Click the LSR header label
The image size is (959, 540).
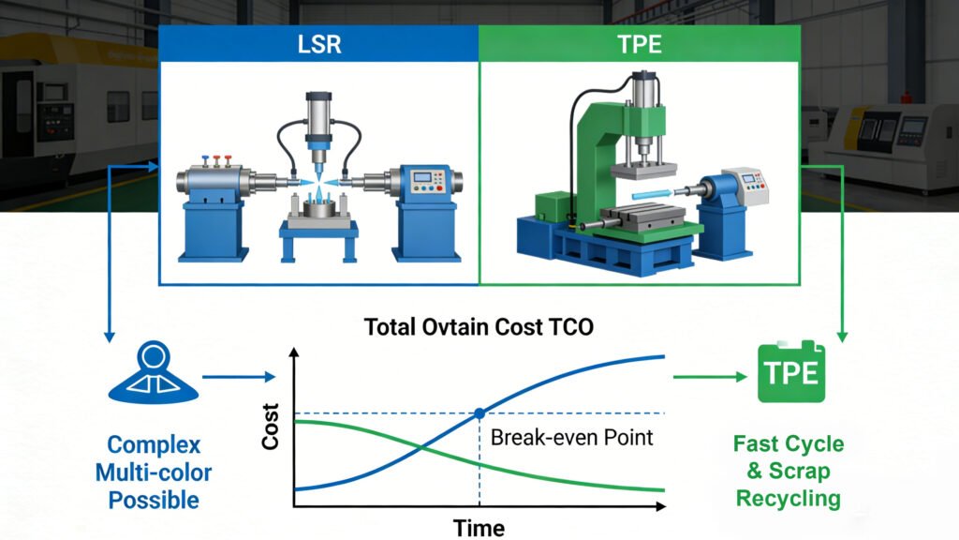click(319, 44)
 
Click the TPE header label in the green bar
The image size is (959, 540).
click(640, 44)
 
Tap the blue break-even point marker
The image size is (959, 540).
click(479, 413)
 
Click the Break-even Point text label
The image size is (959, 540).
click(571, 437)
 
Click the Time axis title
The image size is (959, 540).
click(479, 528)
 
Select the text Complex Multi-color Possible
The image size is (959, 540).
click(154, 472)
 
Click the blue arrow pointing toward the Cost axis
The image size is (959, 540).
click(239, 378)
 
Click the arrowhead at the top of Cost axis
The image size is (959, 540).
click(295, 353)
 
